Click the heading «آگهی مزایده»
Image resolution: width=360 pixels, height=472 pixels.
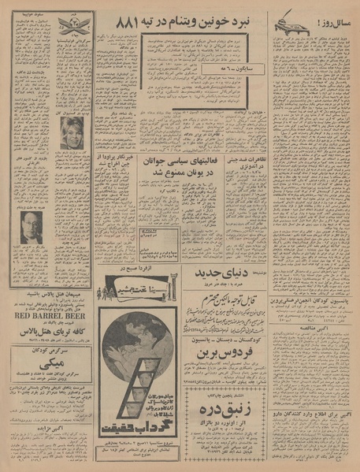[312, 433]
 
